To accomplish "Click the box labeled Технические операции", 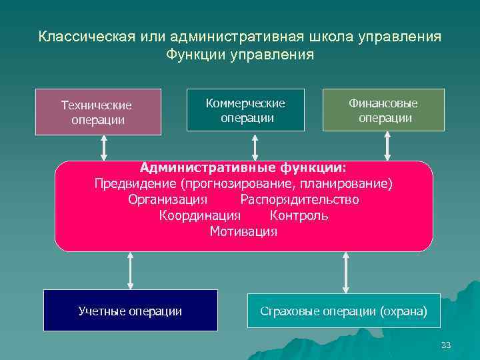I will (98, 112).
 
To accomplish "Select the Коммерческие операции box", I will (245, 110).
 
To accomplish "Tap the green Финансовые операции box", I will (383, 110).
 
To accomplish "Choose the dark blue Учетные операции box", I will (130, 311).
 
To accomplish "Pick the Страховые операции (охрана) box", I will (343, 311).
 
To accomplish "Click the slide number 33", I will (446, 345).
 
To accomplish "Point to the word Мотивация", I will (243, 232).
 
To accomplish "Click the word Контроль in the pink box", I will (299, 215).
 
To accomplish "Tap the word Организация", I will (167, 199).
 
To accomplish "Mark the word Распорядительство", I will (299, 199).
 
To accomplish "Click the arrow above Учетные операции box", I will (130, 270).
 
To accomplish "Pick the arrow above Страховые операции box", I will (345, 272).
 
